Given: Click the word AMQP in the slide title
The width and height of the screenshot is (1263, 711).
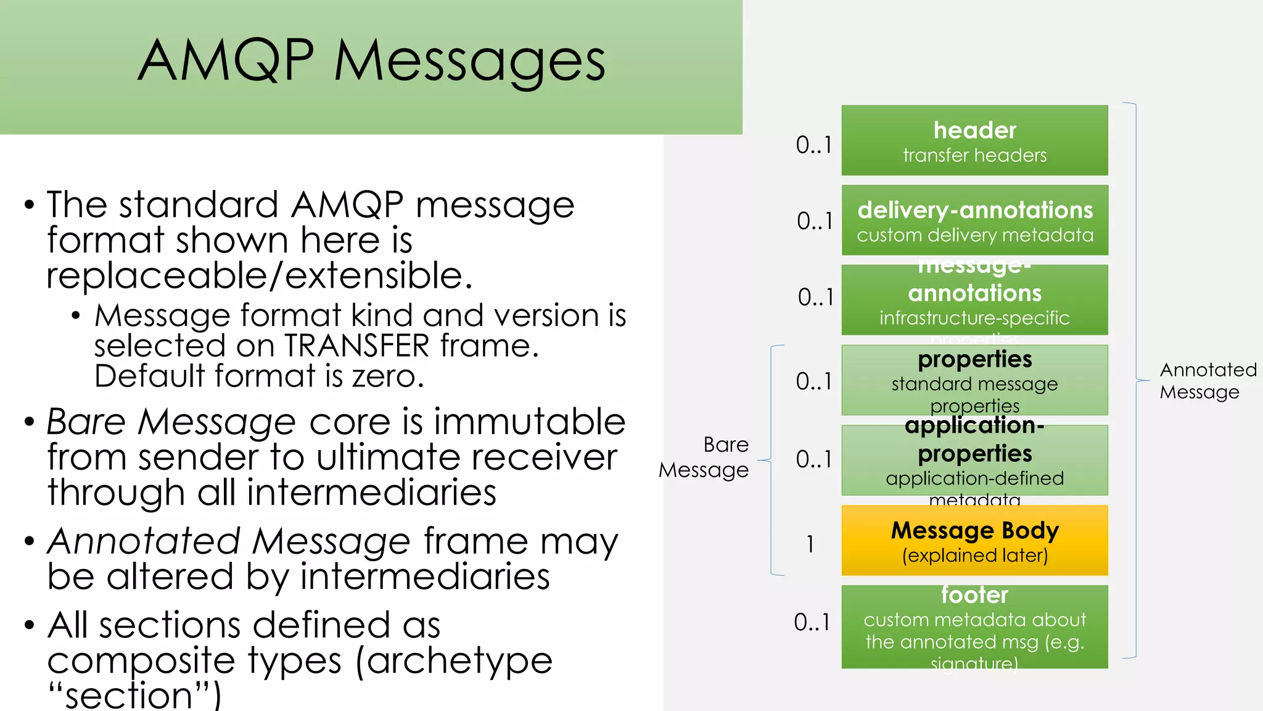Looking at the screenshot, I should [x=226, y=60].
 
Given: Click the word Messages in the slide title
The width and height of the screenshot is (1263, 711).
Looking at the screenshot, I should [x=470, y=62].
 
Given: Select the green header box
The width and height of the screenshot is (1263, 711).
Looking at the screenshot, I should [x=974, y=141].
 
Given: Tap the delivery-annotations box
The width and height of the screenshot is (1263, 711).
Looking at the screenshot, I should [x=974, y=220].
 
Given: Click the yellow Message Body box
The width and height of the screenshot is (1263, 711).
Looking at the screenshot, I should [x=974, y=541].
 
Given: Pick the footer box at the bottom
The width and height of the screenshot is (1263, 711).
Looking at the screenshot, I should [x=974, y=627].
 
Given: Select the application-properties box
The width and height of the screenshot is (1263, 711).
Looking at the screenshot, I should [x=974, y=460].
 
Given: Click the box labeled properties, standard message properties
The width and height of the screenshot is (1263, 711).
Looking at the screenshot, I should [x=974, y=380].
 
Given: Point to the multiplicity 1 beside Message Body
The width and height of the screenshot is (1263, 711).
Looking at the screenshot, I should [x=810, y=544].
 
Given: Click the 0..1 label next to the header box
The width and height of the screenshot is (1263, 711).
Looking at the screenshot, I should [x=814, y=145].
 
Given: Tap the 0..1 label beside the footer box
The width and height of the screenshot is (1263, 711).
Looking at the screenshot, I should [x=812, y=622].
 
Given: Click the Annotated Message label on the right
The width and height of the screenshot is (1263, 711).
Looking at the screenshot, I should [x=1207, y=381].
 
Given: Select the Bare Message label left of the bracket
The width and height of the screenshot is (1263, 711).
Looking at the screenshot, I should [x=705, y=457].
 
